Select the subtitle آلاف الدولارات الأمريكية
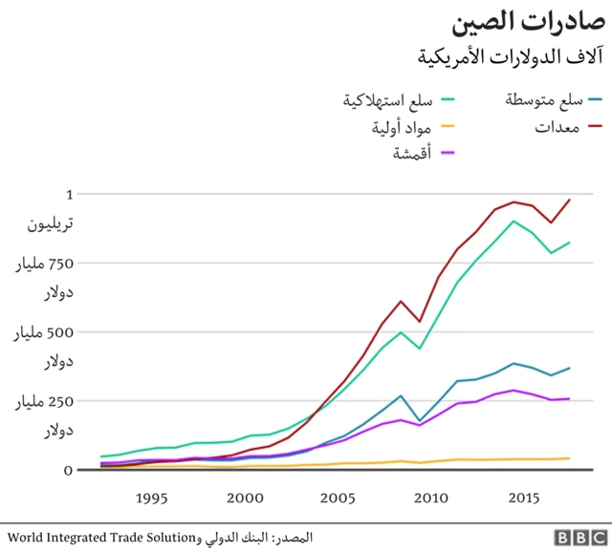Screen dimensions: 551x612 click(x=512, y=55)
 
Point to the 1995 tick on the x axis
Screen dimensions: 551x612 click(x=152, y=498)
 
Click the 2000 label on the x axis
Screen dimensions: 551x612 click(x=245, y=498)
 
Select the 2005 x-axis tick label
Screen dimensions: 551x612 click(x=338, y=498)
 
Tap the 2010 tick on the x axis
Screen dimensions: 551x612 click(x=430, y=498)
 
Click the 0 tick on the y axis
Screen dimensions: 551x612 click(x=68, y=470)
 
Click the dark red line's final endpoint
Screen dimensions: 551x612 click(x=570, y=200)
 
